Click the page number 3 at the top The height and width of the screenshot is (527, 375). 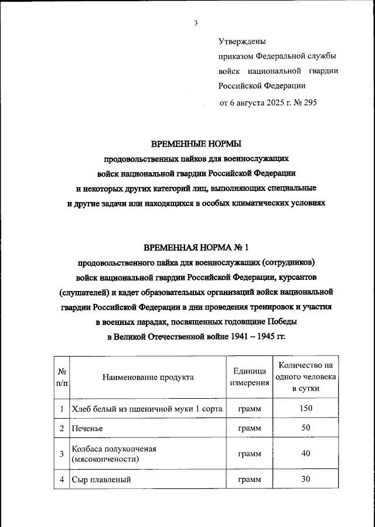pyautogui.click(x=196, y=23)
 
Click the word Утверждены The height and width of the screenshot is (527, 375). pyautogui.click(x=242, y=42)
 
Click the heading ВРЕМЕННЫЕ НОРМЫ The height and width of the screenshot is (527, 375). pyautogui.click(x=196, y=143)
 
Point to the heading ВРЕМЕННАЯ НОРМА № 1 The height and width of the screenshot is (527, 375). pyautogui.click(x=196, y=247)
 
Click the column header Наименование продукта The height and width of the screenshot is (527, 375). pyautogui.click(x=148, y=377)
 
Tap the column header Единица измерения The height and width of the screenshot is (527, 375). pyautogui.click(x=250, y=377)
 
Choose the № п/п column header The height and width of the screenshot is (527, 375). pyautogui.click(x=62, y=377)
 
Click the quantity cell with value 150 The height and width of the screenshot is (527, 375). pyautogui.click(x=306, y=408)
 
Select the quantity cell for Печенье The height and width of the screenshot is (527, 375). pyautogui.click(x=306, y=429)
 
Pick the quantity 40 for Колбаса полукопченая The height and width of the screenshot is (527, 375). pyautogui.click(x=306, y=454)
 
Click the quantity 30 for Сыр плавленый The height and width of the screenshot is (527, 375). pyautogui.click(x=306, y=479)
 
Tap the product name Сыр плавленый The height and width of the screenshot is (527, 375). pyautogui.click(x=100, y=480)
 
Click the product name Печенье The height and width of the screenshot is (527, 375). pyautogui.click(x=87, y=429)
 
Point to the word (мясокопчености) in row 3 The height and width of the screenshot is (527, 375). pyautogui.click(x=105, y=460)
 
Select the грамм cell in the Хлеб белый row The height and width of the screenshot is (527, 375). pyautogui.click(x=250, y=409)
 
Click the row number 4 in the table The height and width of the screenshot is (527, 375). pyautogui.click(x=62, y=480)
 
